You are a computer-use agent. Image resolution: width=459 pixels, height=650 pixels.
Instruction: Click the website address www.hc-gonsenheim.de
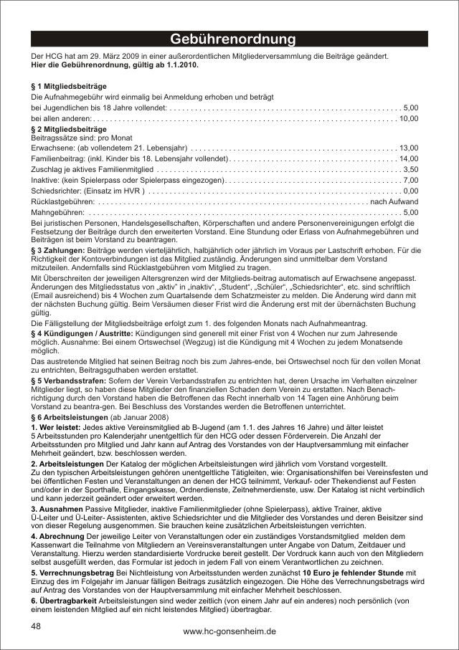coord(229,631)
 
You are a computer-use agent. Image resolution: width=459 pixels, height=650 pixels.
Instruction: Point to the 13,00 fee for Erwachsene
coord(408,147)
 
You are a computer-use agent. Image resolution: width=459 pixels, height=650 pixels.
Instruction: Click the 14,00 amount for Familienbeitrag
coord(408,158)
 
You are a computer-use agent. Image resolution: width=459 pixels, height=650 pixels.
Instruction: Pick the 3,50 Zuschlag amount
coord(411,169)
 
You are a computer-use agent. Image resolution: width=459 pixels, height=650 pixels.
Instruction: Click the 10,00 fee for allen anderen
coord(408,118)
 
